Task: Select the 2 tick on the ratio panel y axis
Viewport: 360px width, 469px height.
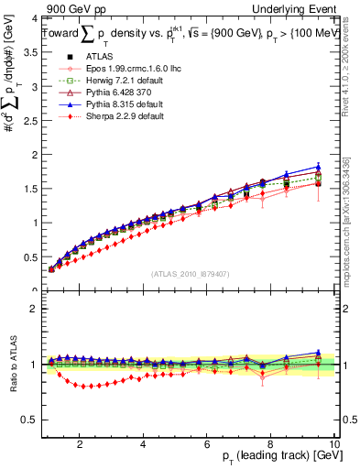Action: point(34,309)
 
